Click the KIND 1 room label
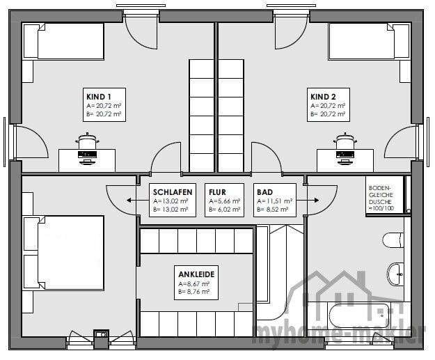tap(99, 97)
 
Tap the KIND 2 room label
tap(323, 97)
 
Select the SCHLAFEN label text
tap(173, 192)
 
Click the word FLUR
tap(217, 192)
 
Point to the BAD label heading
tap(264, 192)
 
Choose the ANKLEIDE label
tap(196, 274)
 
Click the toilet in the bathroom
tap(393, 240)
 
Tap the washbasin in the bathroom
tap(395, 274)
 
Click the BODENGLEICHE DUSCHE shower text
tap(381, 198)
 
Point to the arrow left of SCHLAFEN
tap(138, 200)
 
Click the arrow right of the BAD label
tap(308, 200)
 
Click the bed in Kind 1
tap(63, 41)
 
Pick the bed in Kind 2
tap(369, 41)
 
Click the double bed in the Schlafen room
tap(63, 253)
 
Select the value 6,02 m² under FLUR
tap(228, 210)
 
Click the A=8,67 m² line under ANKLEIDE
tap(194, 284)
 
